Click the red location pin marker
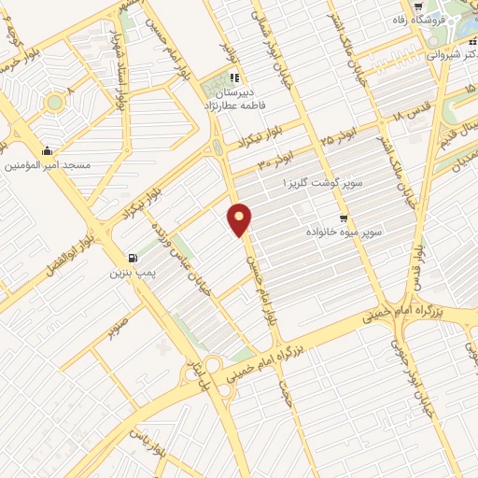click(241, 220)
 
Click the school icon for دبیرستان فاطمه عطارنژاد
click(233, 77)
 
